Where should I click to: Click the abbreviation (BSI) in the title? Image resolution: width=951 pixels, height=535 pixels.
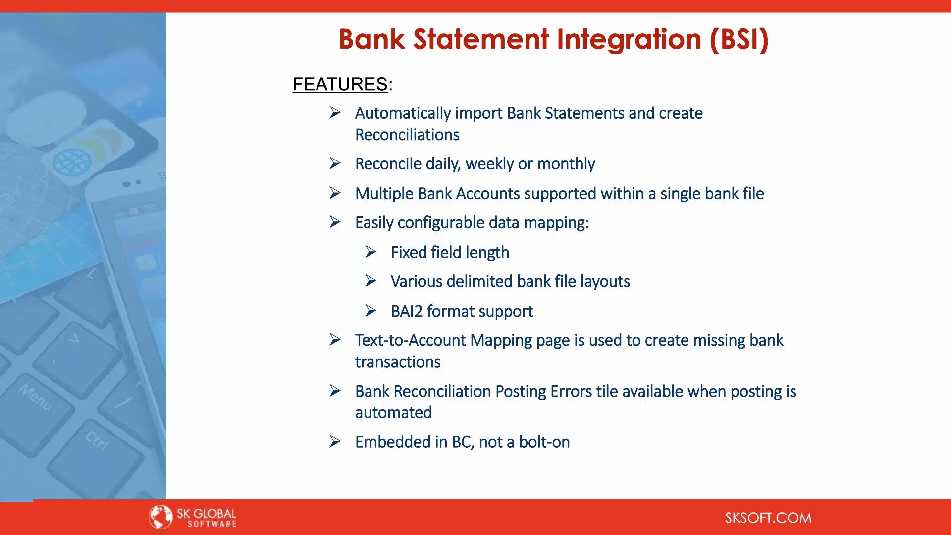[x=739, y=39]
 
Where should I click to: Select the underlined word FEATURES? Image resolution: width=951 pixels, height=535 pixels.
[x=340, y=84]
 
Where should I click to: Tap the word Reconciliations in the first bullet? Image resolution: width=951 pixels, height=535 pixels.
[x=407, y=135]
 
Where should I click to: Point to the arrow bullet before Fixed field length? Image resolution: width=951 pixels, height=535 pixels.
[x=371, y=252]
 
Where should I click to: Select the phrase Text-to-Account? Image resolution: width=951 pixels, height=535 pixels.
[x=410, y=340]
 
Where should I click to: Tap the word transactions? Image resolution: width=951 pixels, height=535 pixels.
[x=398, y=362]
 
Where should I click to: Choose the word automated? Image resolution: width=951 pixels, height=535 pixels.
[x=393, y=413]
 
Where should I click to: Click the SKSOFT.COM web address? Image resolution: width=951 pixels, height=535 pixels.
[x=768, y=518]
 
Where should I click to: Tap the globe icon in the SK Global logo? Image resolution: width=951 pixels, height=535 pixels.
[x=160, y=517]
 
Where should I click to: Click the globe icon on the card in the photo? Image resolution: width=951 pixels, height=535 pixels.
[x=72, y=162]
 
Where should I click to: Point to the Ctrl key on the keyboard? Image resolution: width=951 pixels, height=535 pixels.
[x=97, y=440]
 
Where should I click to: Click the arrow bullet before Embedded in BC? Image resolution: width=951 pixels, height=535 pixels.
[x=335, y=441]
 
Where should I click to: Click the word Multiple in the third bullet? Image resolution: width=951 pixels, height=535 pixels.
[x=384, y=194]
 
